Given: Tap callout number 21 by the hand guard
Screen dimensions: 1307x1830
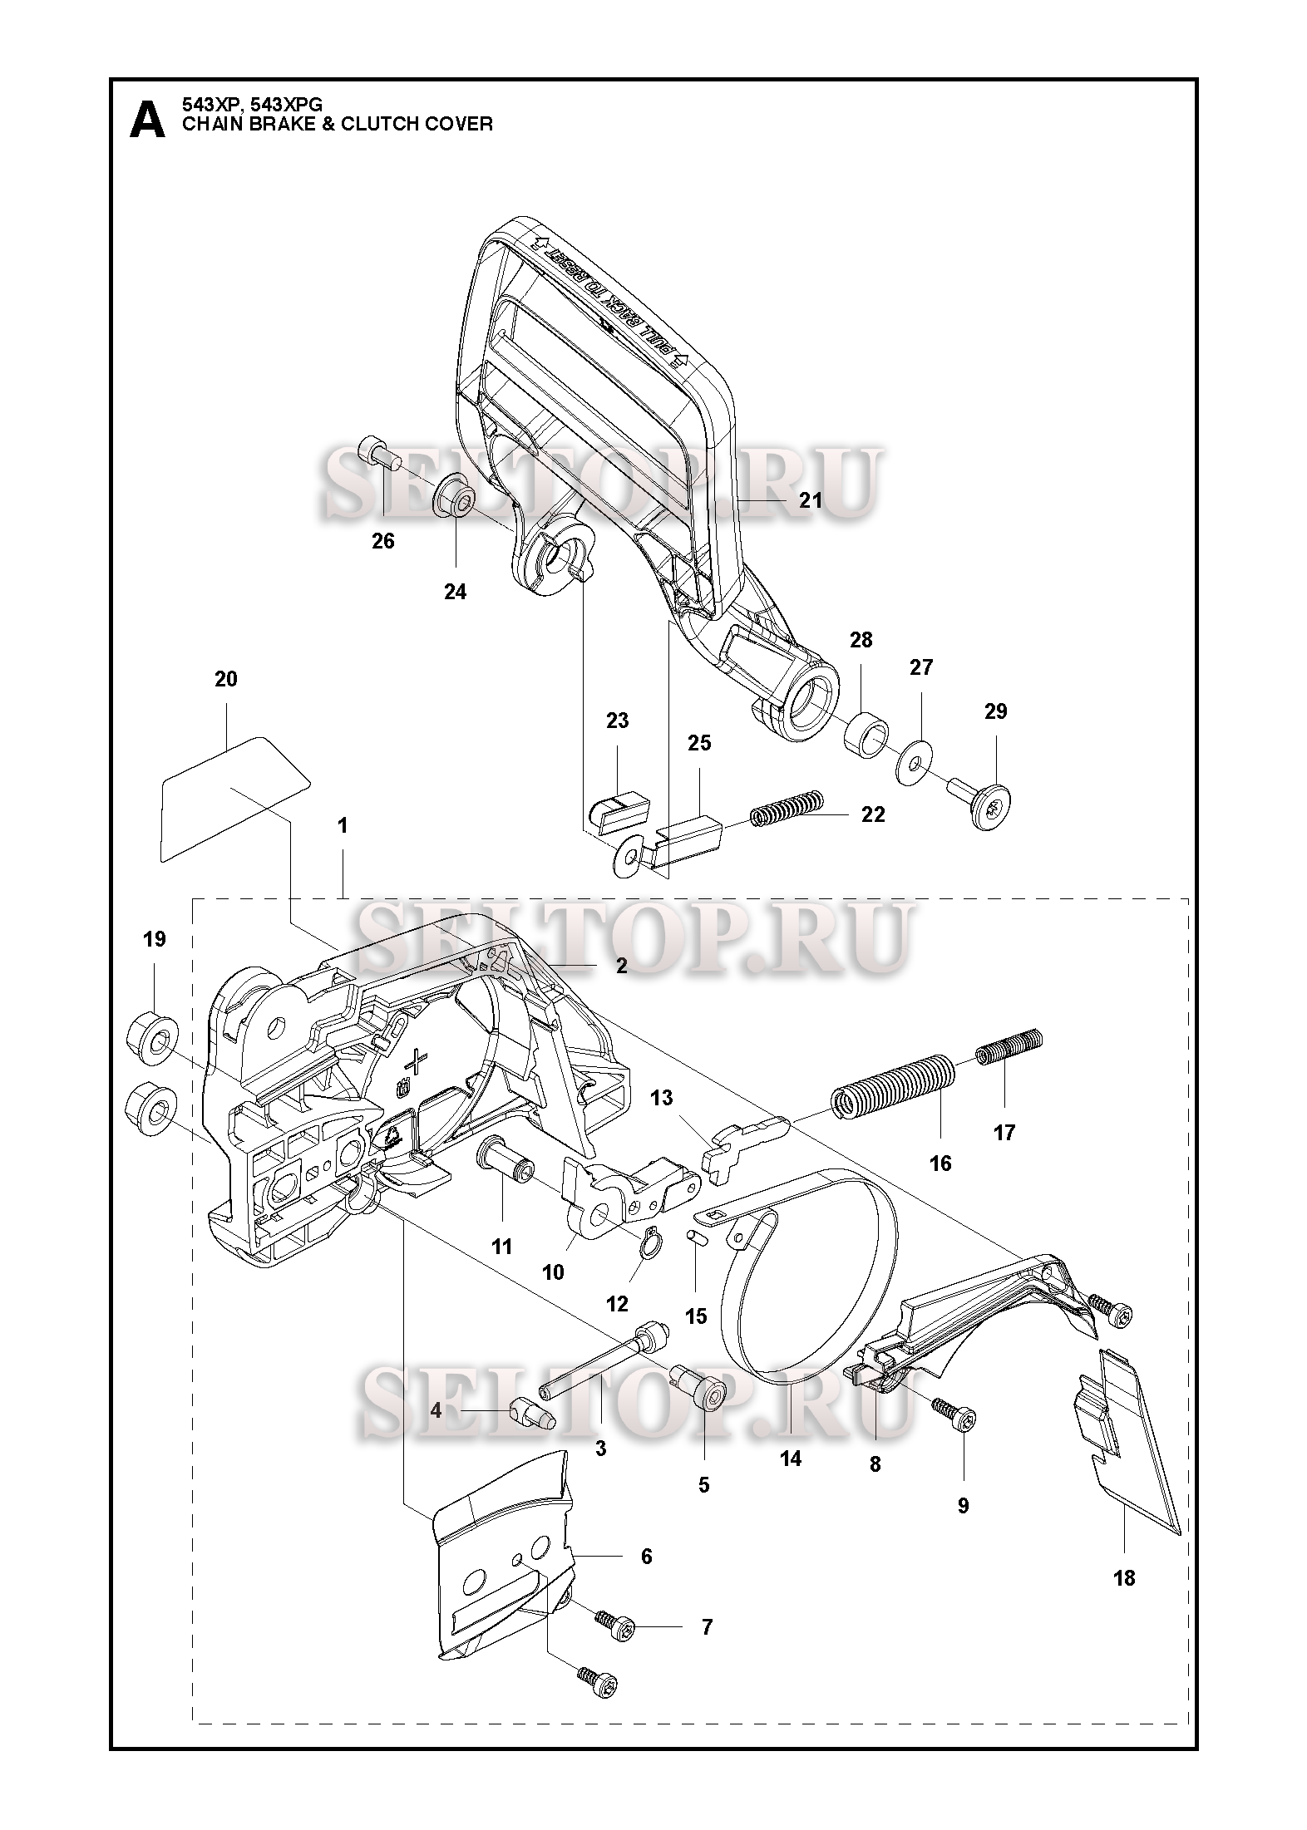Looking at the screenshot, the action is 810,499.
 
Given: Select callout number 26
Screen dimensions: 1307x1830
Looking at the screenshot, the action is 382,541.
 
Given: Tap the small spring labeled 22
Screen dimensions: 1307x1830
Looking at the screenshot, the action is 787,807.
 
